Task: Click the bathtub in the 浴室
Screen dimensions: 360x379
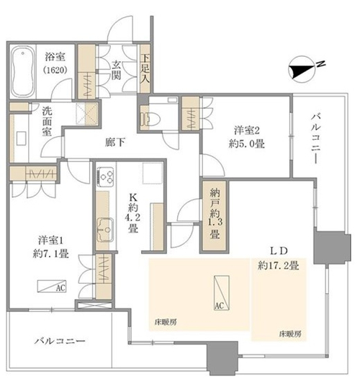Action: [x=22, y=72]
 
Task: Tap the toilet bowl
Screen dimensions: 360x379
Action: [x=153, y=120]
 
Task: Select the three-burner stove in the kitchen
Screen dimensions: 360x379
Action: [x=106, y=177]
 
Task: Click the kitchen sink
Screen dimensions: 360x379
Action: [x=105, y=230]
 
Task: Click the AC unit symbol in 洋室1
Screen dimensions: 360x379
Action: [x=52, y=287]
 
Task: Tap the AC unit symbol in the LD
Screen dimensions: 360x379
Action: [x=221, y=293]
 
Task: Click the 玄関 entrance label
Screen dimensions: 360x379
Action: [x=116, y=71]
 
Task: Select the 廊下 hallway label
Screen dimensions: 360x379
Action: [x=115, y=143]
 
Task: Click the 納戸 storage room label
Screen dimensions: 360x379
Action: [x=215, y=200]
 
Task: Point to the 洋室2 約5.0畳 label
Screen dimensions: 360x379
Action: [x=246, y=137]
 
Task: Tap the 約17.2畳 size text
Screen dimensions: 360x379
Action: [x=279, y=266]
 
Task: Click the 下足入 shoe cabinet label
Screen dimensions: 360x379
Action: [x=145, y=69]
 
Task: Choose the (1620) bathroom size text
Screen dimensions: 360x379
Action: [x=55, y=71]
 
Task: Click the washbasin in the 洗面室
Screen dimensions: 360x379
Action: [x=22, y=138]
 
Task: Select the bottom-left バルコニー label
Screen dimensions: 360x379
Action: [x=60, y=342]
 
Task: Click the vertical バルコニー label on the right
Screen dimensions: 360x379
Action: [x=315, y=139]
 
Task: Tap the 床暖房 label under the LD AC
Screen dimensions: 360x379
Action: [x=166, y=322]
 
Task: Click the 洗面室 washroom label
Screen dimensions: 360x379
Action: [x=48, y=121]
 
